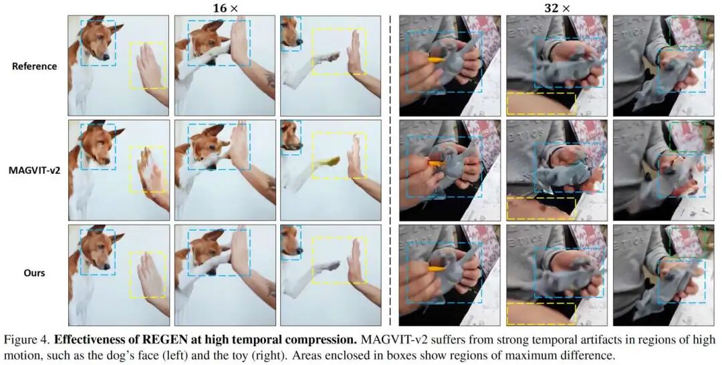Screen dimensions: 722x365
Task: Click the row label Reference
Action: click(35, 66)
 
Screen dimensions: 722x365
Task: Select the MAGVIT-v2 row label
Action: click(35, 170)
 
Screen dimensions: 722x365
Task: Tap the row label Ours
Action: click(35, 273)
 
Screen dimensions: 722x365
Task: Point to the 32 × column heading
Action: click(557, 8)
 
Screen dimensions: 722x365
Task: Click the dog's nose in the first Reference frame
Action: click(106, 57)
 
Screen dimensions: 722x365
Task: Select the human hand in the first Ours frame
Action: click(150, 274)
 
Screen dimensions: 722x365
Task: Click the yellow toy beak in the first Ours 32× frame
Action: click(437, 269)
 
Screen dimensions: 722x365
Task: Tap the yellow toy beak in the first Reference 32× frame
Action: click(437, 59)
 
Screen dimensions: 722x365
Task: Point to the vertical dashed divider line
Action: click(390, 170)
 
